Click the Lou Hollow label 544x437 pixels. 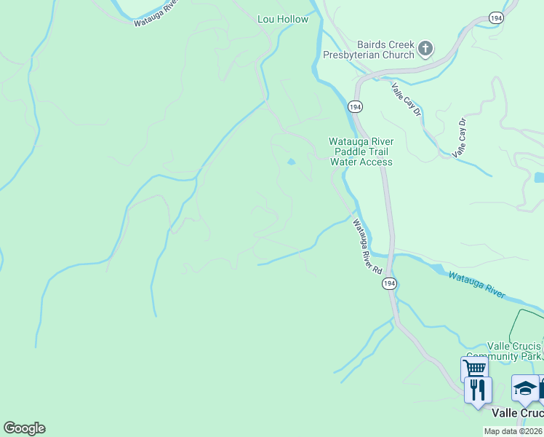click(x=283, y=19)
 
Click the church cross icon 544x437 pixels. click(x=425, y=50)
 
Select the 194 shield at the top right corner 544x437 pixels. click(x=496, y=17)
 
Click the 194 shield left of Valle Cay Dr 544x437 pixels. click(x=355, y=106)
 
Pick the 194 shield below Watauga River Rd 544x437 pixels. click(x=389, y=284)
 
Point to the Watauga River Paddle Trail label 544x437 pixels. click(x=361, y=151)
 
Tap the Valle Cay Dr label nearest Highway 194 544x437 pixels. click(x=407, y=100)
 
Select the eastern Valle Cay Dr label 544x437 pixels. click(x=460, y=138)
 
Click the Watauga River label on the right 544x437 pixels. click(x=476, y=284)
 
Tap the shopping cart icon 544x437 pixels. click(x=473, y=369)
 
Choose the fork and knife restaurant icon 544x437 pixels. click(x=478, y=389)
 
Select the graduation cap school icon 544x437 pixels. click(x=524, y=387)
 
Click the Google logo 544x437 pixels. click(x=24, y=428)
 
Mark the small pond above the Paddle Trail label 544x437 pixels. click(x=291, y=162)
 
